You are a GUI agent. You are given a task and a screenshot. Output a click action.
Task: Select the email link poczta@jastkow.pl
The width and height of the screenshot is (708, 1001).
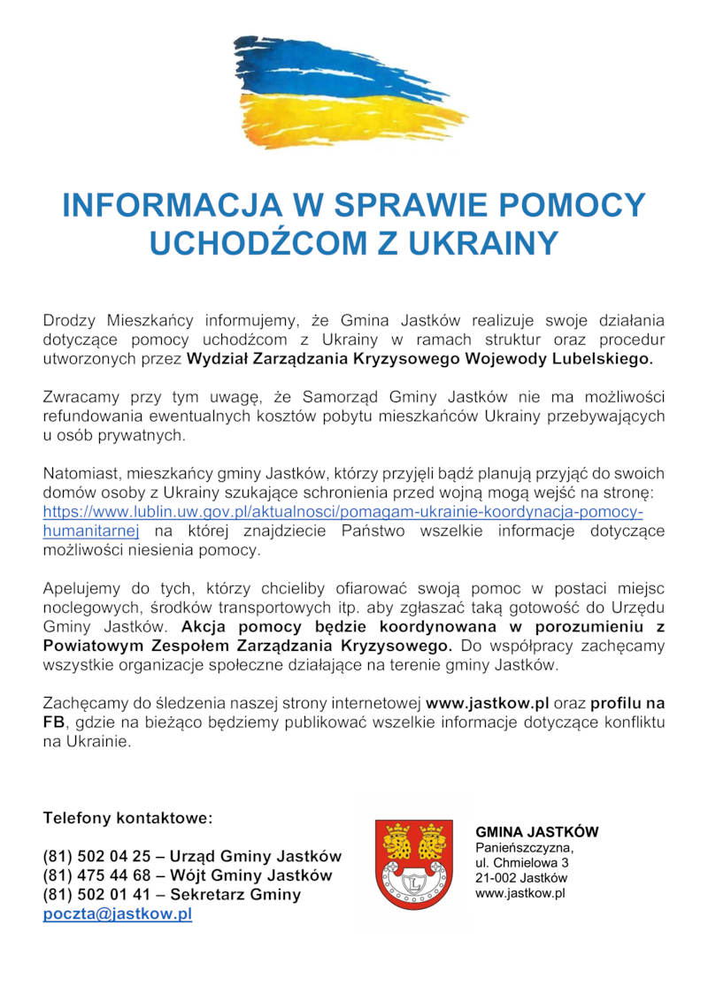(118, 914)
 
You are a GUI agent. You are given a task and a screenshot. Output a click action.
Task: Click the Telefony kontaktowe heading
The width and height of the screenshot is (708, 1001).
(127, 818)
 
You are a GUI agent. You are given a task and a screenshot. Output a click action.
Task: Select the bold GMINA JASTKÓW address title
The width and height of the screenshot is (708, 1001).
(536, 832)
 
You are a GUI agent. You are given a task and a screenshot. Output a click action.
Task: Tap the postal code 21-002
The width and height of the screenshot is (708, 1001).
(496, 878)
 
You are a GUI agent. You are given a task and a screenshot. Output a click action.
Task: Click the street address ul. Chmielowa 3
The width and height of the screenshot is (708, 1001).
(522, 862)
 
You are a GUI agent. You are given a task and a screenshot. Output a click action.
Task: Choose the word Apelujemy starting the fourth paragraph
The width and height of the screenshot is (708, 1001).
(81, 589)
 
